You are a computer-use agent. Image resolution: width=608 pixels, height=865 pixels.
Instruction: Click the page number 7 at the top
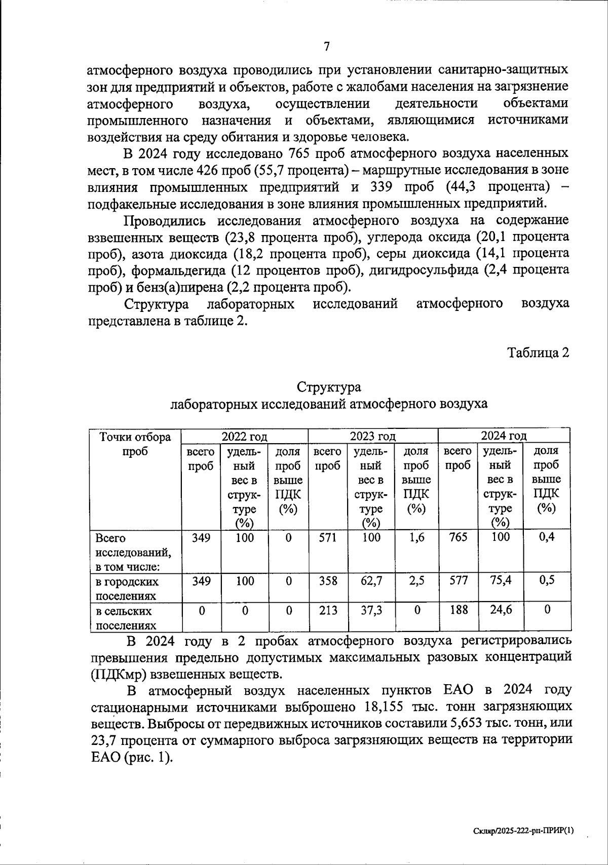tap(327, 47)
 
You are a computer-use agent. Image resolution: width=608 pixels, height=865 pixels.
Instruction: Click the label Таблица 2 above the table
tap(539, 353)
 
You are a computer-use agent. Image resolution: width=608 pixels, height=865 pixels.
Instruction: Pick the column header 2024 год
tap(503, 436)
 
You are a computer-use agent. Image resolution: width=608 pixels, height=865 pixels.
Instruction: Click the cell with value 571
tap(328, 538)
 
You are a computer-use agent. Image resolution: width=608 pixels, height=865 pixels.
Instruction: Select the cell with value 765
tap(458, 537)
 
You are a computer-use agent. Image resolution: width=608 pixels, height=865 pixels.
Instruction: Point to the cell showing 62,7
tap(371, 581)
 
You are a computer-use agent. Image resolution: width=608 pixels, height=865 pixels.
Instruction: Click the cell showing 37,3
tap(371, 611)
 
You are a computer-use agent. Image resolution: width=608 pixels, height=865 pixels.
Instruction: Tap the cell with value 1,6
tap(416, 538)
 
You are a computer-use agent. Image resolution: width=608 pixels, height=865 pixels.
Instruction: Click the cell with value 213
tap(328, 611)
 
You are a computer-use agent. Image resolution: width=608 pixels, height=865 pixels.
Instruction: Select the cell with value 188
tap(458, 610)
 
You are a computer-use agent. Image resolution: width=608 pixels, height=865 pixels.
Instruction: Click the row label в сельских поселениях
tap(127, 618)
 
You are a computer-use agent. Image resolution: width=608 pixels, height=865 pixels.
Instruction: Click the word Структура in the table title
tap(328, 387)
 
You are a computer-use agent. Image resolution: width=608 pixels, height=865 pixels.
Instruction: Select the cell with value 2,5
tap(416, 581)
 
